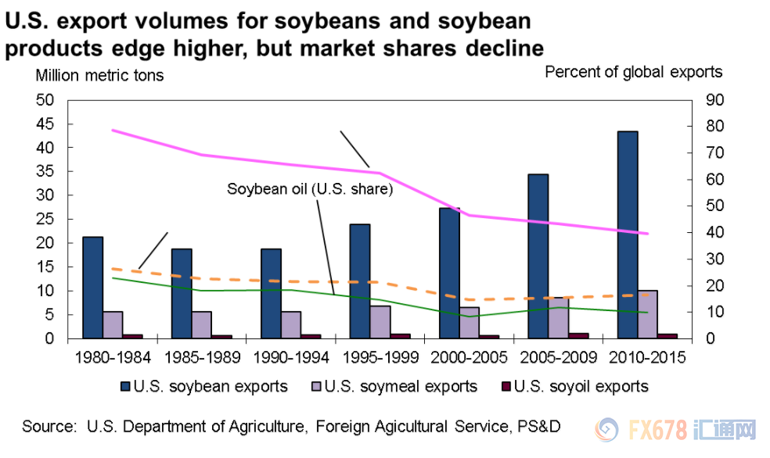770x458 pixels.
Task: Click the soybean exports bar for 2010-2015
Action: coord(627,234)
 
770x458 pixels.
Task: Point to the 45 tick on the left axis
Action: coord(49,123)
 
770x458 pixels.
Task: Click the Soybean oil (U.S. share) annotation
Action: coord(309,188)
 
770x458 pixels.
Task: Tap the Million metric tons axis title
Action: coord(99,76)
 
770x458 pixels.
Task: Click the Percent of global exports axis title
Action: coord(633,72)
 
